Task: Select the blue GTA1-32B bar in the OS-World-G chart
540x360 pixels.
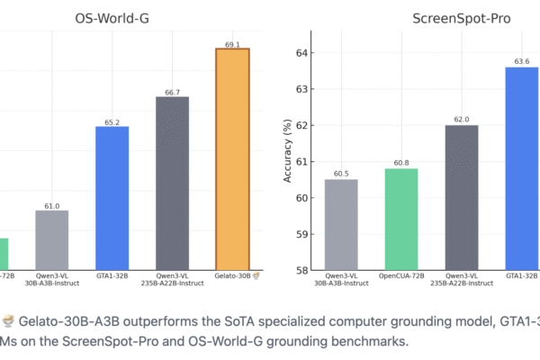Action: point(112,198)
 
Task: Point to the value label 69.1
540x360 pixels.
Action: point(231,41)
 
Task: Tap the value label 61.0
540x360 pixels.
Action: point(51,205)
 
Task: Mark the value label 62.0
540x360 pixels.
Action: point(462,119)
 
